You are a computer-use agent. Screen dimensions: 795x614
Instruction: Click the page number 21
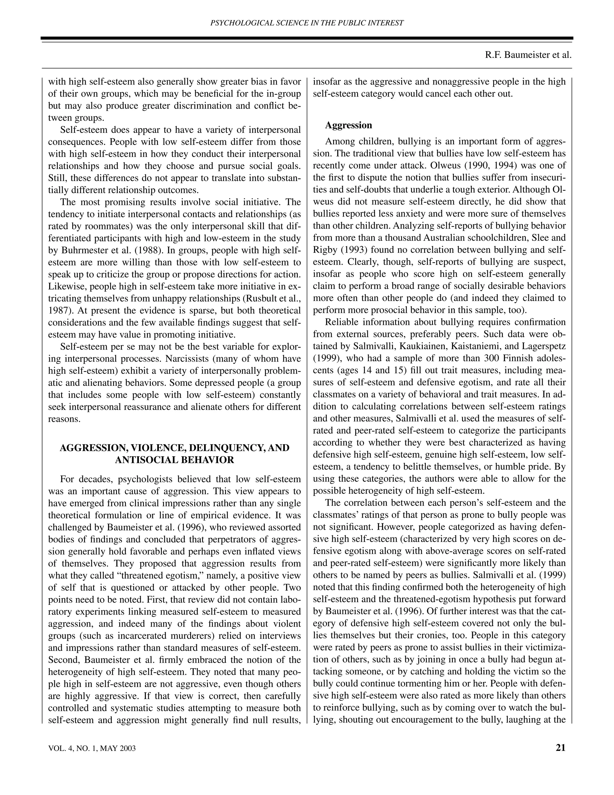pyautogui.click(x=561, y=748)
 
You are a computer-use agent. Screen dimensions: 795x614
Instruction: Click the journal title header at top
pyautogui.click(x=307, y=23)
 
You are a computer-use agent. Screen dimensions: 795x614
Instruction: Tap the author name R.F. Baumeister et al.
pyautogui.click(x=528, y=55)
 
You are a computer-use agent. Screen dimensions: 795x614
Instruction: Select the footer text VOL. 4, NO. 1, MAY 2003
pyautogui.click(x=92, y=748)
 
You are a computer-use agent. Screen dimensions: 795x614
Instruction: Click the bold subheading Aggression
pyautogui.click(x=348, y=125)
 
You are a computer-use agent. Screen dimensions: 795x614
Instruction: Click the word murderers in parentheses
pyautogui.click(x=192, y=636)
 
